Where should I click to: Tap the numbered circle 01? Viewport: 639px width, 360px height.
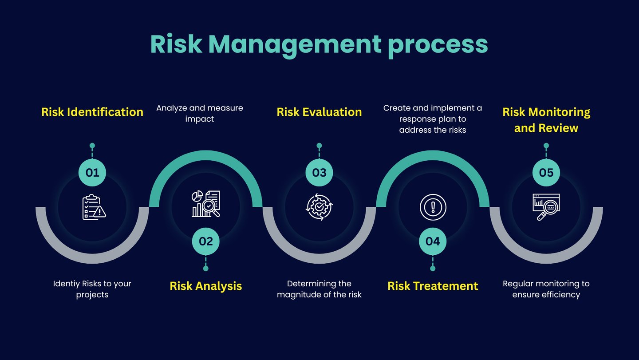tap(92, 173)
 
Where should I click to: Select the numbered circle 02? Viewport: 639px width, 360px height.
tap(206, 241)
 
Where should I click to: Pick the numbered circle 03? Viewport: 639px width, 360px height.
tap(319, 173)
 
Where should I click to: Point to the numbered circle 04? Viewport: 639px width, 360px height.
tap(433, 241)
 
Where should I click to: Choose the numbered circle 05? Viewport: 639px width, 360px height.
tap(546, 173)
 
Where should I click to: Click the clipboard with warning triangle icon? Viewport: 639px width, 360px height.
tap(94, 207)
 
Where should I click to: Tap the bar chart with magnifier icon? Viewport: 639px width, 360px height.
tap(206, 204)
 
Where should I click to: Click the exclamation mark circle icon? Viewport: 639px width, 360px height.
tap(433, 207)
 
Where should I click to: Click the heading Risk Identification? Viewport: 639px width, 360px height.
tap(92, 112)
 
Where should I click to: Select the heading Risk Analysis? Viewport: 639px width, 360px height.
tap(206, 286)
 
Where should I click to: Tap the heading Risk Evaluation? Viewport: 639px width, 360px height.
tap(319, 112)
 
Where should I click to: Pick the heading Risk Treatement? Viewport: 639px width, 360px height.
tap(433, 286)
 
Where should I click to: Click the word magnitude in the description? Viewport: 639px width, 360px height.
tap(300, 294)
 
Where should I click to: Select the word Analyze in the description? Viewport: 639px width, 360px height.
tap(172, 108)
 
